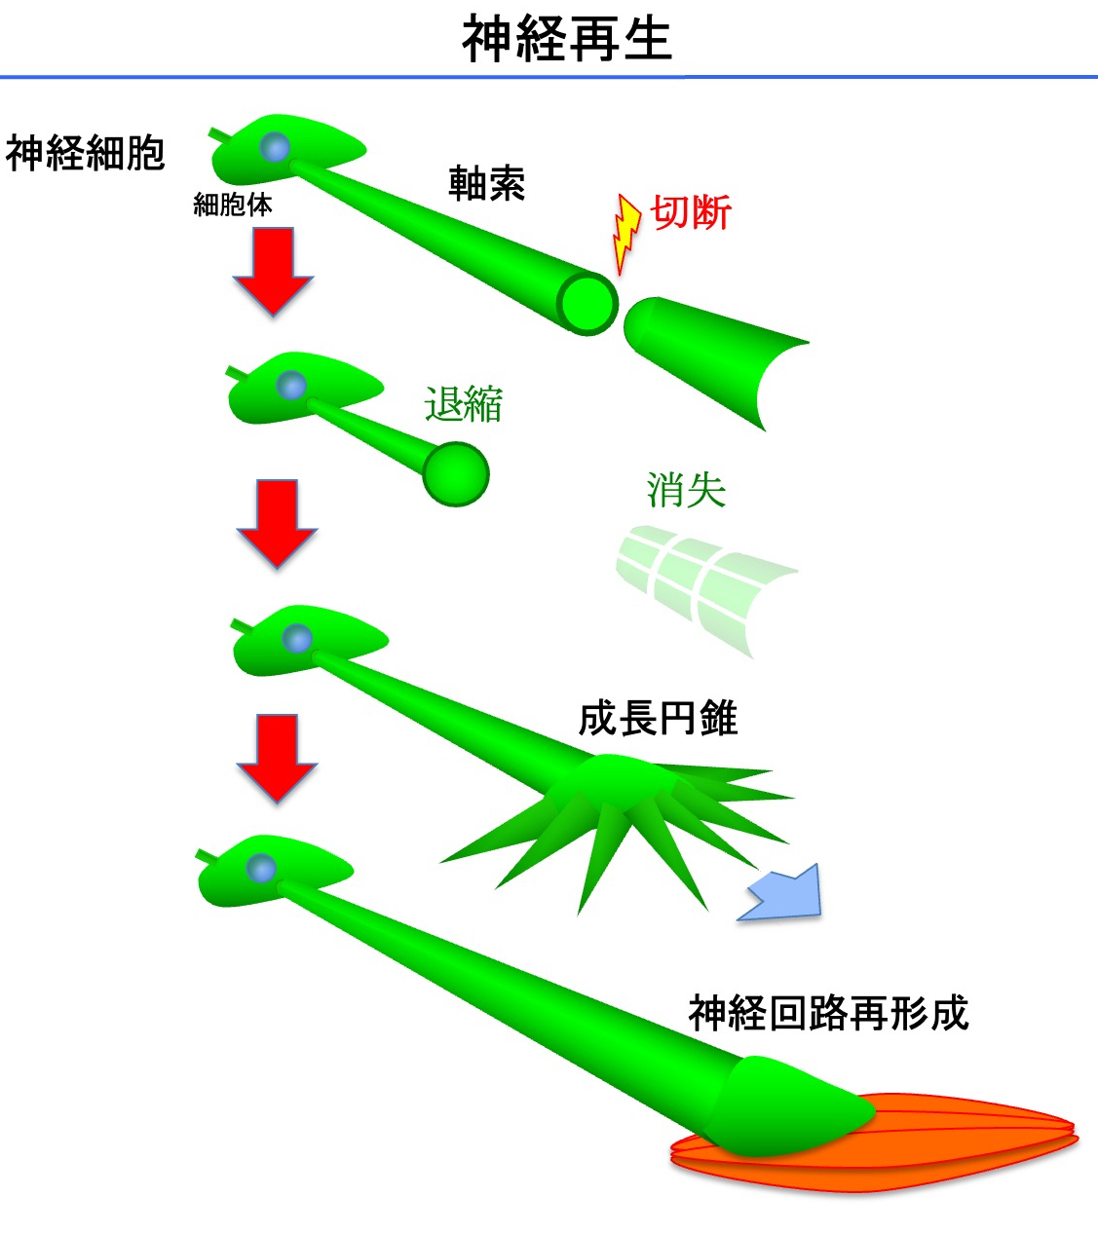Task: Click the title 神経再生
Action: coord(566,39)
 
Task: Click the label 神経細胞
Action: coord(86,153)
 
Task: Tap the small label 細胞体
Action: coord(233,205)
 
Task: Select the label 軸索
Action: coord(486,183)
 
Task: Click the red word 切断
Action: coord(691,212)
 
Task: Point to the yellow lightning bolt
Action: coord(625,233)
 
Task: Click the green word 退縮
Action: coord(464,403)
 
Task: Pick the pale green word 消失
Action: coord(686,490)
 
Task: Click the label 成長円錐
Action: coord(658,719)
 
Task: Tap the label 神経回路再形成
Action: coord(828,1013)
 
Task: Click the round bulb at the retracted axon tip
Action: coord(456,474)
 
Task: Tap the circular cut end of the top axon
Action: coord(587,303)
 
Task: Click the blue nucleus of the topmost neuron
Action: coord(276,147)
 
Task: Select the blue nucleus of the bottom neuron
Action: coord(261,868)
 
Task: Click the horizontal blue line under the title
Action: coord(549,76)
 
